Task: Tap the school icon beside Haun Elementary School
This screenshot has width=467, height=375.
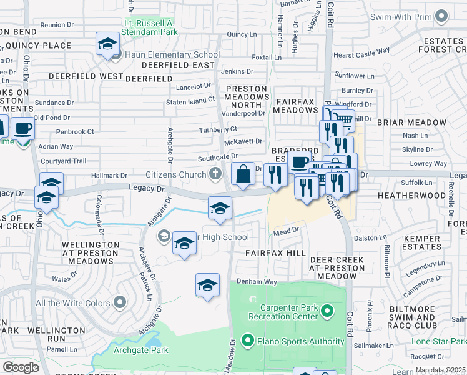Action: click(107, 45)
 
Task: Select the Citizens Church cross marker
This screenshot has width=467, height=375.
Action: click(215, 173)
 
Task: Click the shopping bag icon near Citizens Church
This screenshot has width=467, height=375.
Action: click(243, 173)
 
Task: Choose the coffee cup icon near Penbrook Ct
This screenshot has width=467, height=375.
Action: click(22, 129)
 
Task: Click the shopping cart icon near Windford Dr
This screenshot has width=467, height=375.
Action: click(342, 119)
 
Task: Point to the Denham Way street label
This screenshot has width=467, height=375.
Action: click(261, 282)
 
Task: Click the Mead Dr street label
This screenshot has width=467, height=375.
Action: click(287, 231)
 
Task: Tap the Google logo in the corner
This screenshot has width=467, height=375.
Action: click(21, 367)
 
